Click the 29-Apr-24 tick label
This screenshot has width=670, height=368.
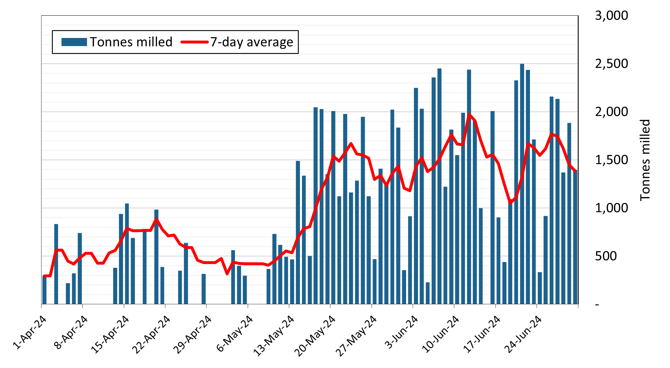[192, 335]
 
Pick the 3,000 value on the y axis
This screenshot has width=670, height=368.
[611, 15]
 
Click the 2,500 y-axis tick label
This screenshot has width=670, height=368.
[611, 64]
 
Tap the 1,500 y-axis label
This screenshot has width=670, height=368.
[611, 160]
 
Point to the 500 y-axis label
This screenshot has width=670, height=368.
[606, 256]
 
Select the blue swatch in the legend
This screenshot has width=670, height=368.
[74, 42]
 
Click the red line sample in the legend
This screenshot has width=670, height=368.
[194, 42]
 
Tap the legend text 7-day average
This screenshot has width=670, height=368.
[251, 42]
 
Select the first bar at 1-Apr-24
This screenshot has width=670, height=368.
[44, 290]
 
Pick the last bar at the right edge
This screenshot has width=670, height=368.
[575, 238]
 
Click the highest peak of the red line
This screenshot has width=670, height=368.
[469, 114]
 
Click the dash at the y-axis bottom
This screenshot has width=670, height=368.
[597, 305]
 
